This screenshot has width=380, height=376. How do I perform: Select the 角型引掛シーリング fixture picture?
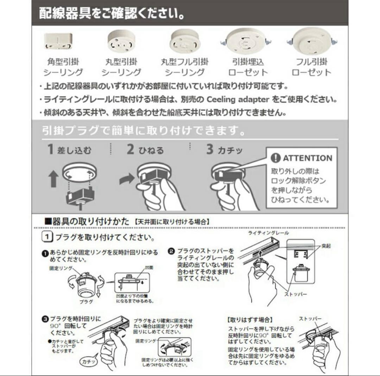pyautogui.click(x=58, y=42)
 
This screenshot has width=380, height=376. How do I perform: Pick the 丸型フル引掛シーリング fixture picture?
pyautogui.click(x=184, y=41)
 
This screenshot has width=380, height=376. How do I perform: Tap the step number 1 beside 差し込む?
pyautogui.click(x=51, y=149)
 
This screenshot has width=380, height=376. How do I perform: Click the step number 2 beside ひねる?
pyautogui.click(x=131, y=149)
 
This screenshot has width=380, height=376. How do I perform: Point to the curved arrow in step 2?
pyautogui.click(x=127, y=178)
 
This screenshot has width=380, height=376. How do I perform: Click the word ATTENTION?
pyautogui.click(x=307, y=158)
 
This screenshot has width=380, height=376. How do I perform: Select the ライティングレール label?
pyautogui.click(x=268, y=233)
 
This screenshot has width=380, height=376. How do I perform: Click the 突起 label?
pyautogui.click(x=326, y=246)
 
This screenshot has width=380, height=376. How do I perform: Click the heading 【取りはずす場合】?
pyautogui.click(x=250, y=320)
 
